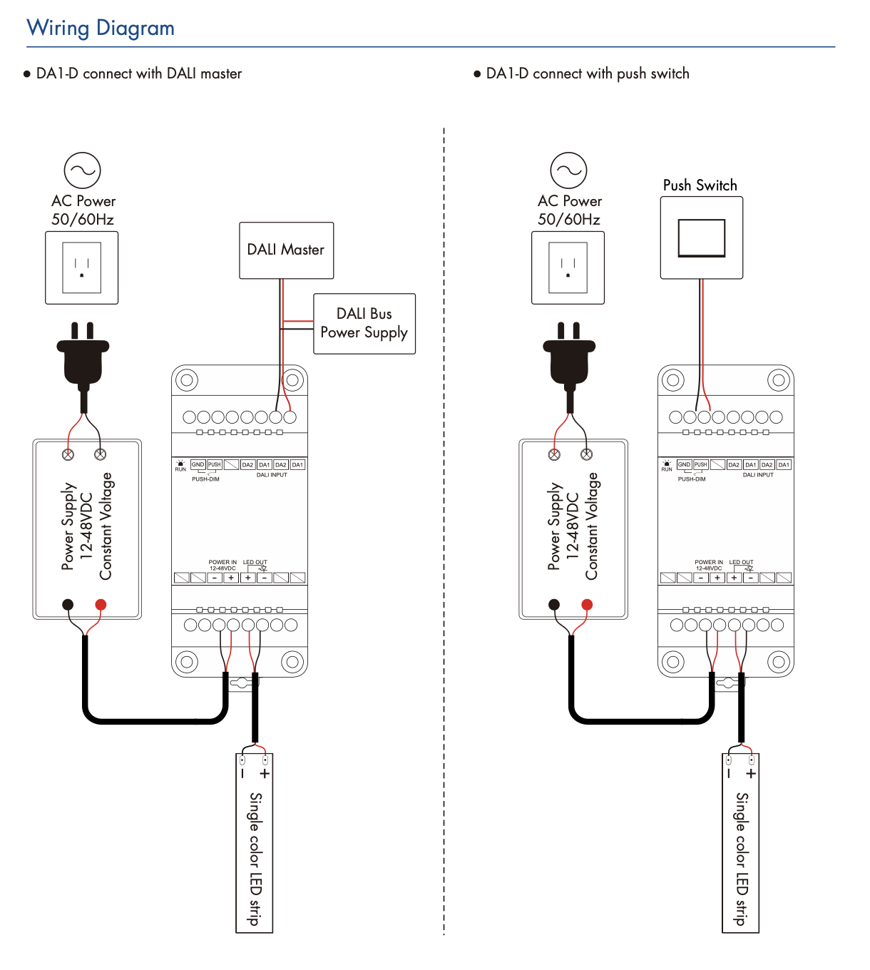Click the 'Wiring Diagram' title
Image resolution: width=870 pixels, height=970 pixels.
pos(101,29)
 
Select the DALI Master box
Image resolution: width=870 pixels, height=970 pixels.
pos(287,250)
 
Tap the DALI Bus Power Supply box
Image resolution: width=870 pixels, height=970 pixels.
pos(364,324)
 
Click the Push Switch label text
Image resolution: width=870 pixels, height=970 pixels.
pos(700,185)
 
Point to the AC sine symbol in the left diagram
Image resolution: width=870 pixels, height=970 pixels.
pos(82,170)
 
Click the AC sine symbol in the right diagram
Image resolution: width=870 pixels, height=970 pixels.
pos(569,170)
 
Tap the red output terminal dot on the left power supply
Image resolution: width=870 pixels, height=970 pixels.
pos(101,605)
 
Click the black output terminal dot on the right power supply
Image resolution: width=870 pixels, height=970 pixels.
pos(555,605)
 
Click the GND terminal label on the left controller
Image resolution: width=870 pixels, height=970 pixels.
pos(198,464)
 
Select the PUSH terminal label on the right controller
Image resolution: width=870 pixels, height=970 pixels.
pos(700,464)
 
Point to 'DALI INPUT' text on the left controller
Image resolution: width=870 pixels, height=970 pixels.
pos(272,475)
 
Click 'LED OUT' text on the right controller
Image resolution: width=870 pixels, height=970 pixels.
pos(741,562)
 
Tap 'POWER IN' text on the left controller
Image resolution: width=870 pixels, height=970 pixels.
pos(222,562)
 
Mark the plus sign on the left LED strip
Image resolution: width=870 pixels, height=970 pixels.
pos(265,774)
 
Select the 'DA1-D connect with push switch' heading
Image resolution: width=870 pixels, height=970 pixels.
pos(588,73)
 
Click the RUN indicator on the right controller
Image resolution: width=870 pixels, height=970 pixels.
pos(667,466)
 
